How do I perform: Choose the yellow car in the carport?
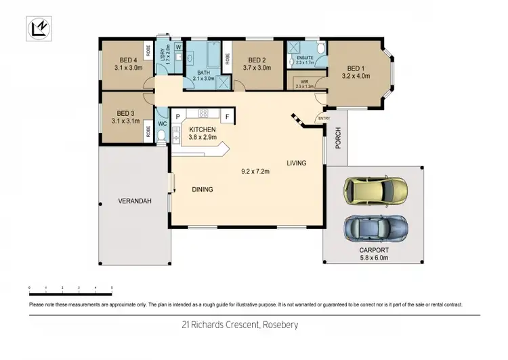(375, 191)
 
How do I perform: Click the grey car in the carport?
(375, 229)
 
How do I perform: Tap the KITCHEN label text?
(203, 129)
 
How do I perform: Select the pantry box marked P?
(177, 117)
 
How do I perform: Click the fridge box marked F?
(227, 117)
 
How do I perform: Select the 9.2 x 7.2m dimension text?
(255, 172)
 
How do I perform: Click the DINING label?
(202, 190)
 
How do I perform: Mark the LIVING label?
(296, 163)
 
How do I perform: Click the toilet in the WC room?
(161, 136)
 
